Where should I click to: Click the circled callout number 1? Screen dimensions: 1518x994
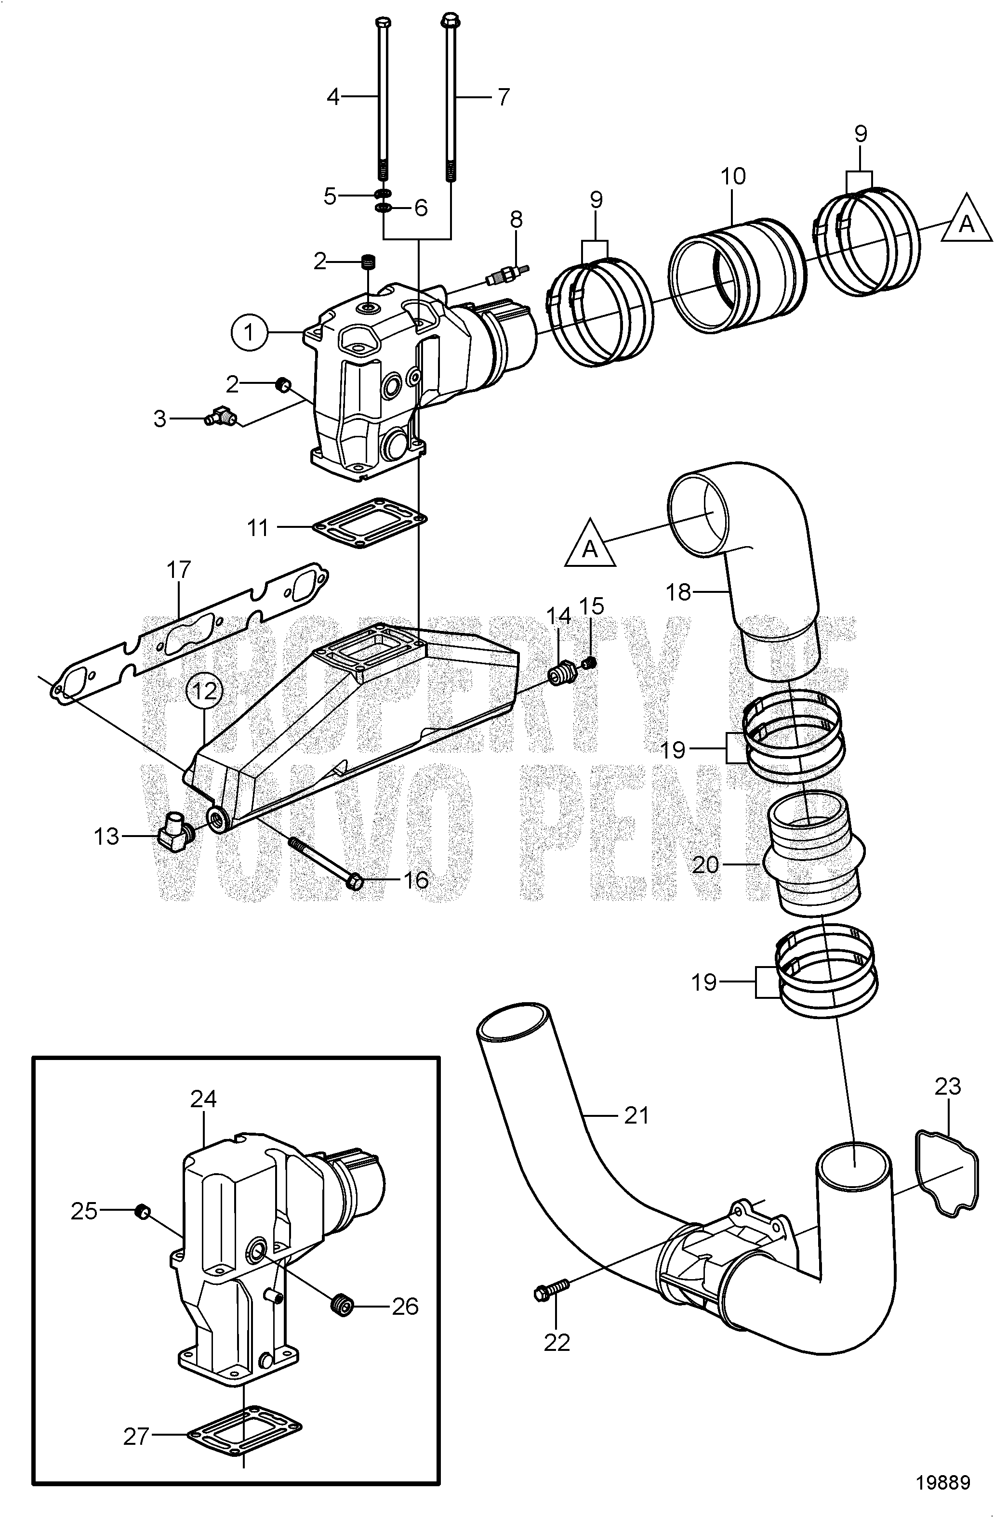pyautogui.click(x=250, y=332)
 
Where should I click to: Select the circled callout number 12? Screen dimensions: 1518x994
pyautogui.click(x=205, y=690)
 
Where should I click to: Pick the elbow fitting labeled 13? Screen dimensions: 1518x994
pyautogui.click(x=173, y=830)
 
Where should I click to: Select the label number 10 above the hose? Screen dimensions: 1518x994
pyautogui.click(x=733, y=176)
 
